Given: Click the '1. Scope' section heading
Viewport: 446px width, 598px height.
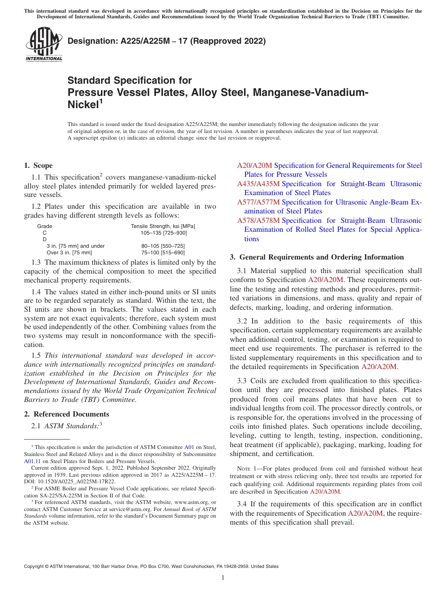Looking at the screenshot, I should tap(38, 165).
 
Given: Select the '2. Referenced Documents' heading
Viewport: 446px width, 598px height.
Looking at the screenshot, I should tap(67, 414).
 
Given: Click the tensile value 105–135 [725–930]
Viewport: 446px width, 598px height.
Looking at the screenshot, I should tap(163, 233).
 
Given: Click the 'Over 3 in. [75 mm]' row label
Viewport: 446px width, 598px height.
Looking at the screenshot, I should tap(69, 252).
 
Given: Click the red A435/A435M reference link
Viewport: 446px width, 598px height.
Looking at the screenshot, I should tap(258, 184).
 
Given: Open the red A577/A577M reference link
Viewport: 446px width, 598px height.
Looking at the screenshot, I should tap(258, 202).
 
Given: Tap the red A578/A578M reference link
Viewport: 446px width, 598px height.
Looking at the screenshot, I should tap(258, 220).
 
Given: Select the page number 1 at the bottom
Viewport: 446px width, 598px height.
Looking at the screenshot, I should tap(223, 577).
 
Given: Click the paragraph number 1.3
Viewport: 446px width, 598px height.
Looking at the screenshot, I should tap(36, 262).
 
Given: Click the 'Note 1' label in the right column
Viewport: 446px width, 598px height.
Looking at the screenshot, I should tap(247, 469).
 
